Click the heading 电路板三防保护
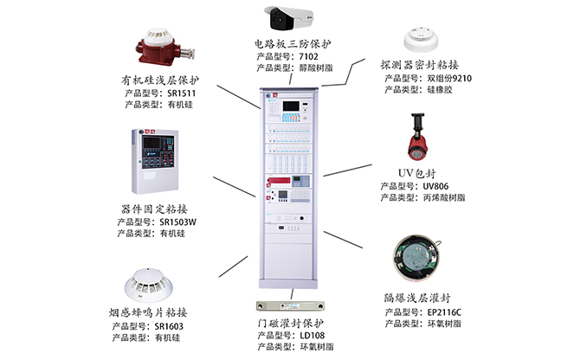pyautogui.click(x=293, y=44)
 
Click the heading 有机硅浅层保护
pyautogui.click(x=162, y=80)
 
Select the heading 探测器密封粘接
pyautogui.click(x=419, y=65)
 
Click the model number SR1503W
pyautogui.click(x=179, y=222)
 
